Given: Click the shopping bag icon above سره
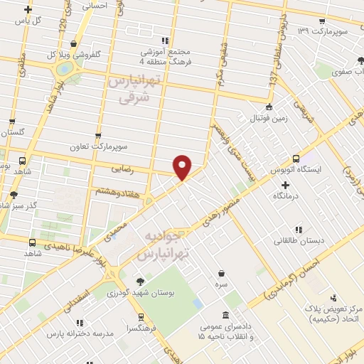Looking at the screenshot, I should [x=223, y=272].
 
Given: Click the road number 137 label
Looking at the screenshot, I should [x=272, y=81].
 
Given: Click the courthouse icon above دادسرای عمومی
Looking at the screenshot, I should [x=225, y=316].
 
